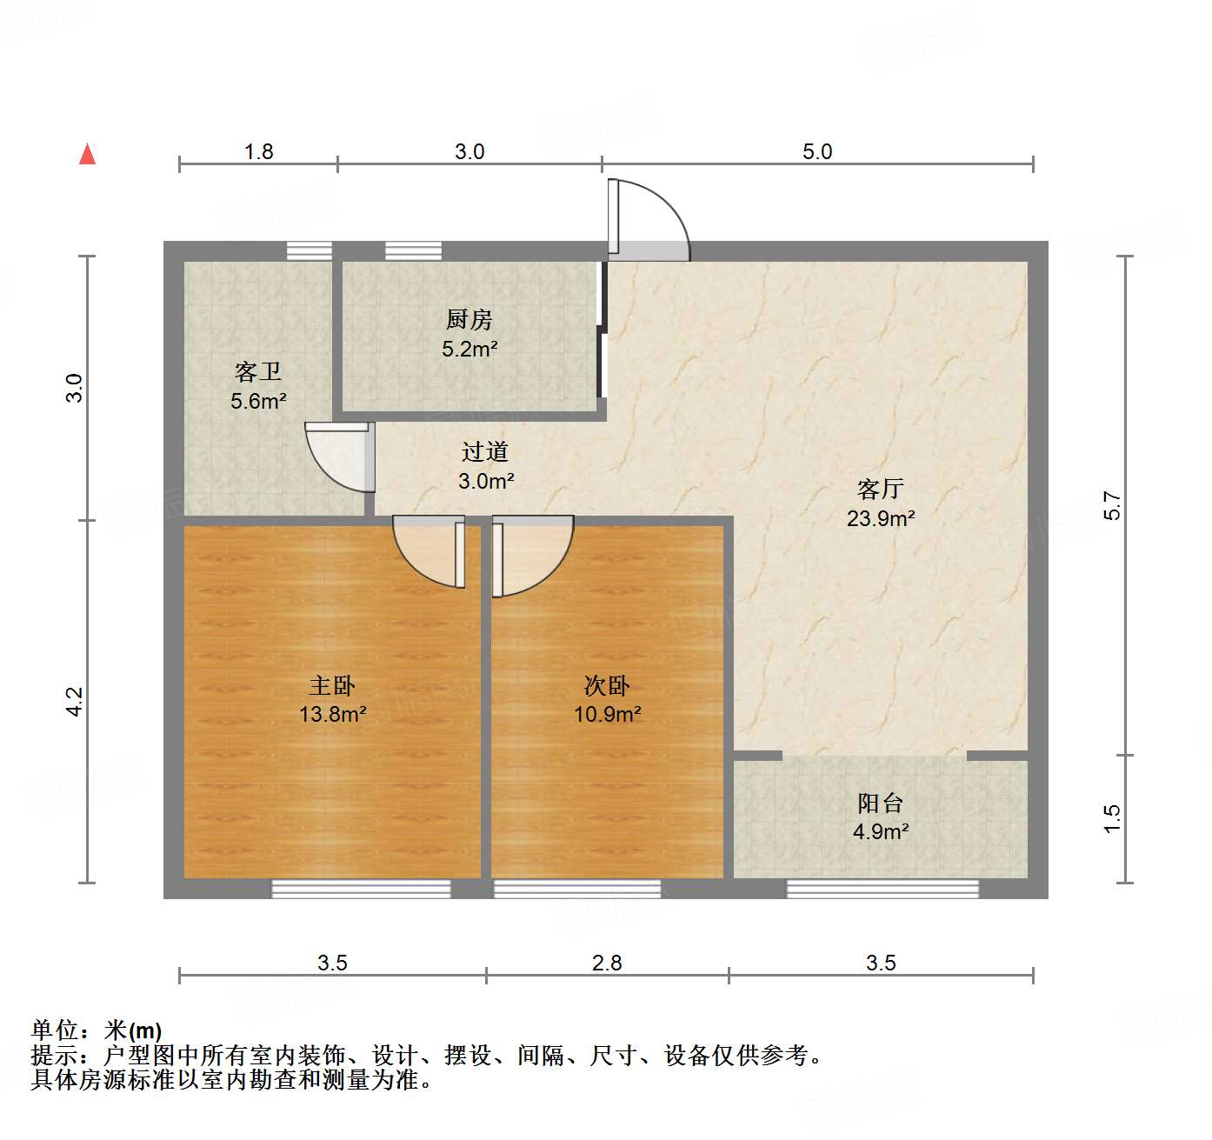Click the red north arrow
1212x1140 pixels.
(88, 154)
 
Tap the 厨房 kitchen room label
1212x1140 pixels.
(469, 320)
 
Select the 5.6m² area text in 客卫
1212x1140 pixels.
(258, 401)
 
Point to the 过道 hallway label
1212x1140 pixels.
(485, 451)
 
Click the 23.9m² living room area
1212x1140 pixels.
(881, 518)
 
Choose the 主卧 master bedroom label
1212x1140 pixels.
(332, 685)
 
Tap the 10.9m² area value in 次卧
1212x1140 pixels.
(607, 715)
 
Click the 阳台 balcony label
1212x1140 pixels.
(880, 803)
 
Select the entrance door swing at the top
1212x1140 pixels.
(648, 220)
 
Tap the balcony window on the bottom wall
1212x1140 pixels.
(882, 888)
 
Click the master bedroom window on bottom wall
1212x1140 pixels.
(361, 888)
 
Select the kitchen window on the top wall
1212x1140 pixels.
(413, 250)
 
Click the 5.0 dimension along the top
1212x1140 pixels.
(817, 151)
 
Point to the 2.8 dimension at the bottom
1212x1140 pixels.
(607, 963)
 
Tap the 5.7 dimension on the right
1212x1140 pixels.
(1112, 506)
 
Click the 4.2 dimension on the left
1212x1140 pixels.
(75, 702)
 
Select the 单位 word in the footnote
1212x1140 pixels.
(55, 1030)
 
